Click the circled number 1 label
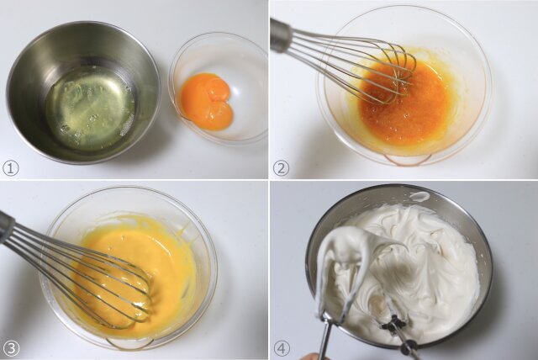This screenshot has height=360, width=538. tap(10, 168)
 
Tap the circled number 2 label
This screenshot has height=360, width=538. tap(281, 168)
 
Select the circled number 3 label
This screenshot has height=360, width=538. tap(10, 349)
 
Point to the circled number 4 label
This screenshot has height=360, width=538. tap(282, 349)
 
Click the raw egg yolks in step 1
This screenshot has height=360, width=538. tap(207, 103)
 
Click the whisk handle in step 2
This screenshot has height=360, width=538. tap(282, 36)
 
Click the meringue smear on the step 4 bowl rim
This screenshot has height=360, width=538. tap(419, 196)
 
